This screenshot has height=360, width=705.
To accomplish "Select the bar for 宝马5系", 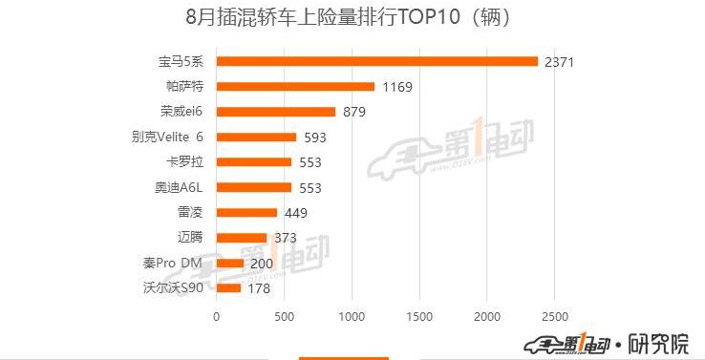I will coord(377,61).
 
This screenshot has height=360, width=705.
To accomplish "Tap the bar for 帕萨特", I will coord(295,87).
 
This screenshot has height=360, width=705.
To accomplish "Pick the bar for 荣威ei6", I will coord(276,112).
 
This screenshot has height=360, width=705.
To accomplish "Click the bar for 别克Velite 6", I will coord(257,137).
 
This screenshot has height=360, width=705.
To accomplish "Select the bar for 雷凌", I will coord(247,213).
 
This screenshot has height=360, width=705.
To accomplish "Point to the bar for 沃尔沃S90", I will coord(229,288).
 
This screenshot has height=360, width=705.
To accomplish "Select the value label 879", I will coord(354,113).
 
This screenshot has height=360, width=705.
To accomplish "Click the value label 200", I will coord(260,264).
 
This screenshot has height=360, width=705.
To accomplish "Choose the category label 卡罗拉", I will coord(185,162).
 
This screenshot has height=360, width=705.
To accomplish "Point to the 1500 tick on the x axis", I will coord(419,316).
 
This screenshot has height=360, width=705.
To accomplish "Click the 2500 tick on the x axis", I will coord(555,316).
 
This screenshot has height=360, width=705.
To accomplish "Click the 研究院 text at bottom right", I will coord(661,342).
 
